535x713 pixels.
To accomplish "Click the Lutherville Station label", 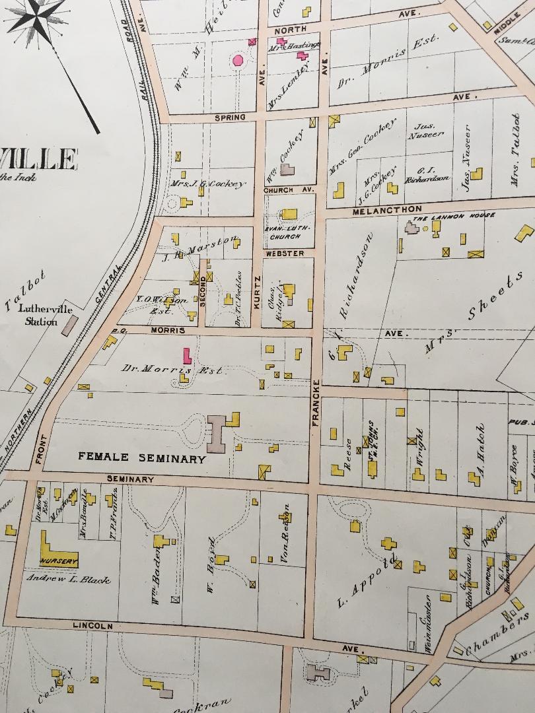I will coord(41,316).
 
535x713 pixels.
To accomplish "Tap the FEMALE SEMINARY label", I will coord(141,458).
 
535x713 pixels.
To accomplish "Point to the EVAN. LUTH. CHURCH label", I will coord(283,232).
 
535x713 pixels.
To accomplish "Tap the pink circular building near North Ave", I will coord(238,61).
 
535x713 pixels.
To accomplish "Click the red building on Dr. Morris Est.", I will coord(187,355).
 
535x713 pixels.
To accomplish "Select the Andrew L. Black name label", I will coord(68,579).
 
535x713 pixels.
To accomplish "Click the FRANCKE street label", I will coord(316,402).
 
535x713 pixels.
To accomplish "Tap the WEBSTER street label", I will coord(285,254).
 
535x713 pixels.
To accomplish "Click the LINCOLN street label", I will coord(94,625).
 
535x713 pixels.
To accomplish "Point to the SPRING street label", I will coord(229,118).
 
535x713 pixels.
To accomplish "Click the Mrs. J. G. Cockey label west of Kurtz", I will coord(207,184).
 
